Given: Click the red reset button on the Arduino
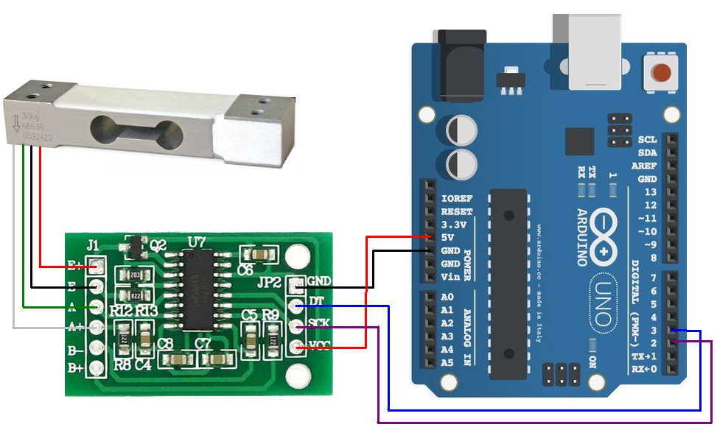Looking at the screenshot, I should click(662, 74).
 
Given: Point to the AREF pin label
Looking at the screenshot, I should click(644, 166).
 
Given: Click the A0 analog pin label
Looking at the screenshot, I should click(447, 297).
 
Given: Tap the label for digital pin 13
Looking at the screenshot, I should click(650, 192).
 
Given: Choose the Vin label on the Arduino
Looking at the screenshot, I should click(450, 276).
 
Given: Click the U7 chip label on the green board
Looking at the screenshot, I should click(196, 242).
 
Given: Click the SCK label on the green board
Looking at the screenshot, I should click(319, 323).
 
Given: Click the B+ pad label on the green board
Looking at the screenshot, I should click(76, 367).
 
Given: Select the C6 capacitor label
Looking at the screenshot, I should click(245, 270).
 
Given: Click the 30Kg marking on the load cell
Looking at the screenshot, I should click(30, 116).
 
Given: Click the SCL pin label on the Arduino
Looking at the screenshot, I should click(647, 139).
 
